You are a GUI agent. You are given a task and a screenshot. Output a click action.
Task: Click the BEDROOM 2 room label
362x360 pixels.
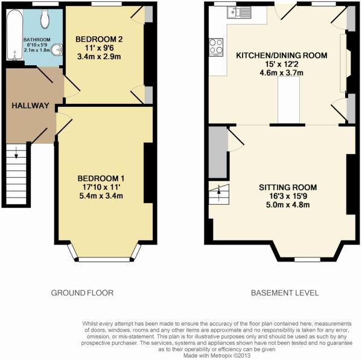tap(99, 39)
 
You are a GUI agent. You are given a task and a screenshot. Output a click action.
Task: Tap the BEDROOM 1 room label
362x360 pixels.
tap(101, 178)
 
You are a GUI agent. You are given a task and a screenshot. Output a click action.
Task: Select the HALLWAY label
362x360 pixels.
tap(31, 106)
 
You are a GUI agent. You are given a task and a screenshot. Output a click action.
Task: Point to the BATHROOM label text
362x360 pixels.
tap(37, 40)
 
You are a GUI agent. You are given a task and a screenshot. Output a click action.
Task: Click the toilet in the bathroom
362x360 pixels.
tap(45, 19)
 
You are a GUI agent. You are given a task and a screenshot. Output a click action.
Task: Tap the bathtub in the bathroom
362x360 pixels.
tap(14, 34)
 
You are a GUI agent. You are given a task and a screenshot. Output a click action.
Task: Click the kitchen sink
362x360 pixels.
tap(239, 12)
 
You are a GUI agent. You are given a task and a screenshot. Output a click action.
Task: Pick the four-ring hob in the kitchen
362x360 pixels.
tap(216, 47)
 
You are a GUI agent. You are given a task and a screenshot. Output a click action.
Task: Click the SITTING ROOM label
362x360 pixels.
tap(288, 187)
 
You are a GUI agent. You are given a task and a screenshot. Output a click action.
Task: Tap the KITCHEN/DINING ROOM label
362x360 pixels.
tap(281, 56)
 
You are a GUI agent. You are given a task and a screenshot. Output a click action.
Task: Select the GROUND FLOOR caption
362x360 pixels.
tap(82, 293)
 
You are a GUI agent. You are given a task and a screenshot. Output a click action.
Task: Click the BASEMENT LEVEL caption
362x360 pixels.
tap(285, 293)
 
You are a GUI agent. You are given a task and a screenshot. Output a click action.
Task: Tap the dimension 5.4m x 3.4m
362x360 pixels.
tap(101, 196)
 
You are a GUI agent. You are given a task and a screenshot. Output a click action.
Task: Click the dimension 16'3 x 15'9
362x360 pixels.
tap(288, 196)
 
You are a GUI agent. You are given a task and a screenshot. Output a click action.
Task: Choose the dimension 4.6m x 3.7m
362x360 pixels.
tap(281, 73)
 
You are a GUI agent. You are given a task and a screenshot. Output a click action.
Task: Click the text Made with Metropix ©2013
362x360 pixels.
tap(217, 356)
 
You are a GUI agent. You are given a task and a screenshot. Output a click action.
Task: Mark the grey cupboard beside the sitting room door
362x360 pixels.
tap(218, 152)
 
